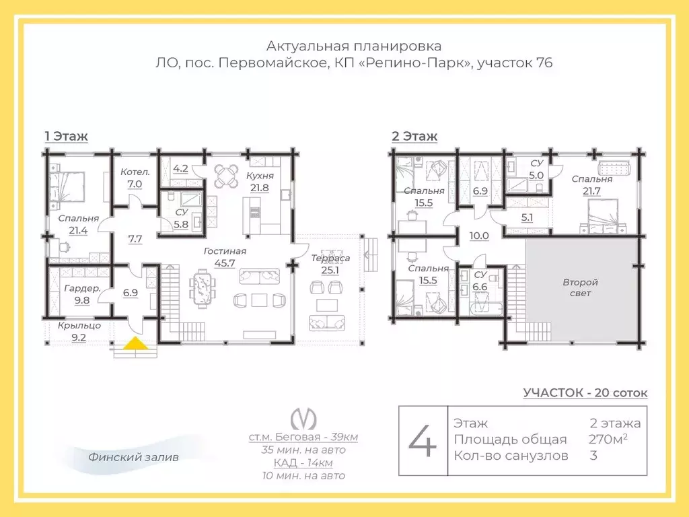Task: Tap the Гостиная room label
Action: tap(225, 252)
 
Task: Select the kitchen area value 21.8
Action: tap(259, 188)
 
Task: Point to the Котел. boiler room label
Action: tap(135, 172)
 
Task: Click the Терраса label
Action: tap(330, 258)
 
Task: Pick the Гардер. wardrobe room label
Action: tap(83, 289)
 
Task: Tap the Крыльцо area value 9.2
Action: tap(79, 338)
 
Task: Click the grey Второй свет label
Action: tap(580, 287)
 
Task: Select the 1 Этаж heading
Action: tap(67, 136)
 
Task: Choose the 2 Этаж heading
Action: tap(414, 136)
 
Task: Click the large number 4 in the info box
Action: tap(423, 441)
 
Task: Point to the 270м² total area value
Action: tap(608, 439)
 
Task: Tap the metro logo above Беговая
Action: tap(303, 418)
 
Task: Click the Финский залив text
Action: tap(134, 457)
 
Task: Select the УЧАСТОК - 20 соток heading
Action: tap(585, 392)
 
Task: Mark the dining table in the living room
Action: tap(202, 286)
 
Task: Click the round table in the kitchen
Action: tap(226, 176)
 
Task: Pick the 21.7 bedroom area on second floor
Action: tap(591, 191)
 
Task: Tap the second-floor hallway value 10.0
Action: tap(479, 236)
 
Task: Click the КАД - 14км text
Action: tap(303, 463)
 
